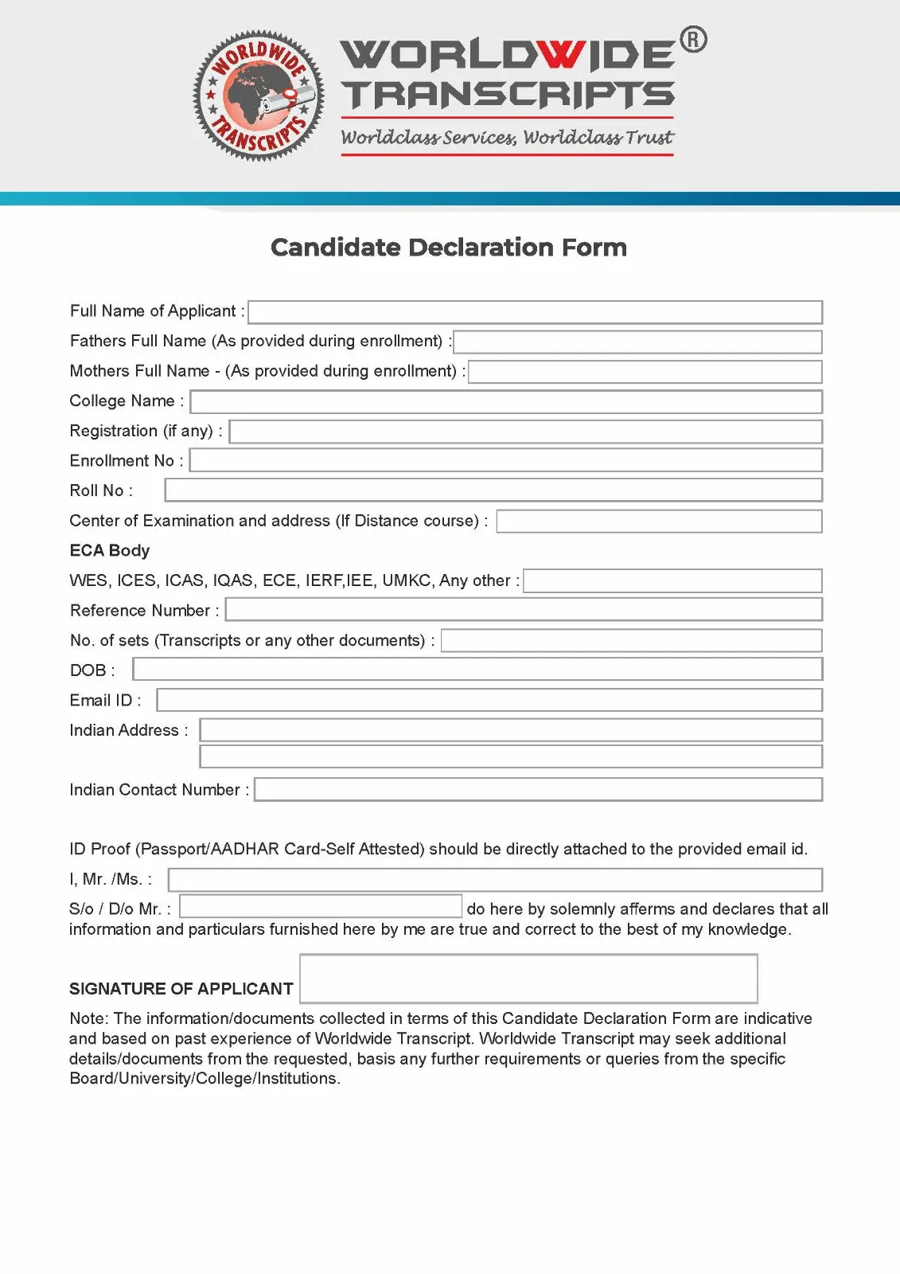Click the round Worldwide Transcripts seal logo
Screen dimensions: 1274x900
point(259,96)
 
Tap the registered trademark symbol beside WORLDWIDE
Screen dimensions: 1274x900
point(693,40)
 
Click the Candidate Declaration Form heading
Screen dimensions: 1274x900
point(449,248)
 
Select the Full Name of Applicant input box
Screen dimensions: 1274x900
point(535,312)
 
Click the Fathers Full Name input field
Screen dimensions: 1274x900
point(637,342)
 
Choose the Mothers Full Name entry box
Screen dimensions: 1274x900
point(645,372)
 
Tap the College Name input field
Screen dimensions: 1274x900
point(506,401)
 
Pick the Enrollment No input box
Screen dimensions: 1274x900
point(506,460)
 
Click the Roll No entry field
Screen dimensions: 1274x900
point(493,490)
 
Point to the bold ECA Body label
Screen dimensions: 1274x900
point(110,550)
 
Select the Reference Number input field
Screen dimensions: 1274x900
point(524,610)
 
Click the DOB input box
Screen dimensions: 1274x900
point(477,670)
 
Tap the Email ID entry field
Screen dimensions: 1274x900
point(489,700)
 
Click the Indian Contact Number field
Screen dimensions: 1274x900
point(538,789)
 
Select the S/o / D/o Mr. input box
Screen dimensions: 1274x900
point(321,907)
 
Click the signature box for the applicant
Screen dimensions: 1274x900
point(528,979)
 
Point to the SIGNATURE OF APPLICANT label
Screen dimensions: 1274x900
point(181,989)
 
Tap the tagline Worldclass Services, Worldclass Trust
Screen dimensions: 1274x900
point(507,138)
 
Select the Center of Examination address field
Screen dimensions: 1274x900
point(659,521)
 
